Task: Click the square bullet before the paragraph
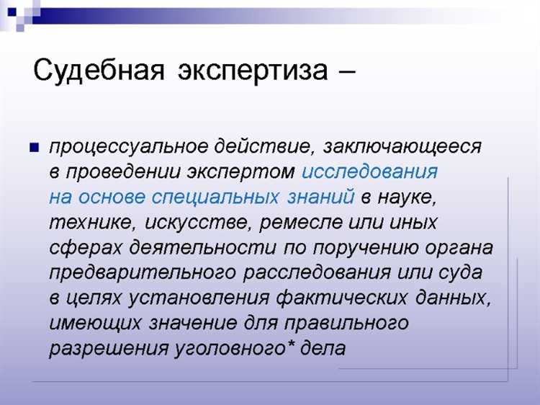pos(33,148)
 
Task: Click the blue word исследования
pos(370,172)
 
